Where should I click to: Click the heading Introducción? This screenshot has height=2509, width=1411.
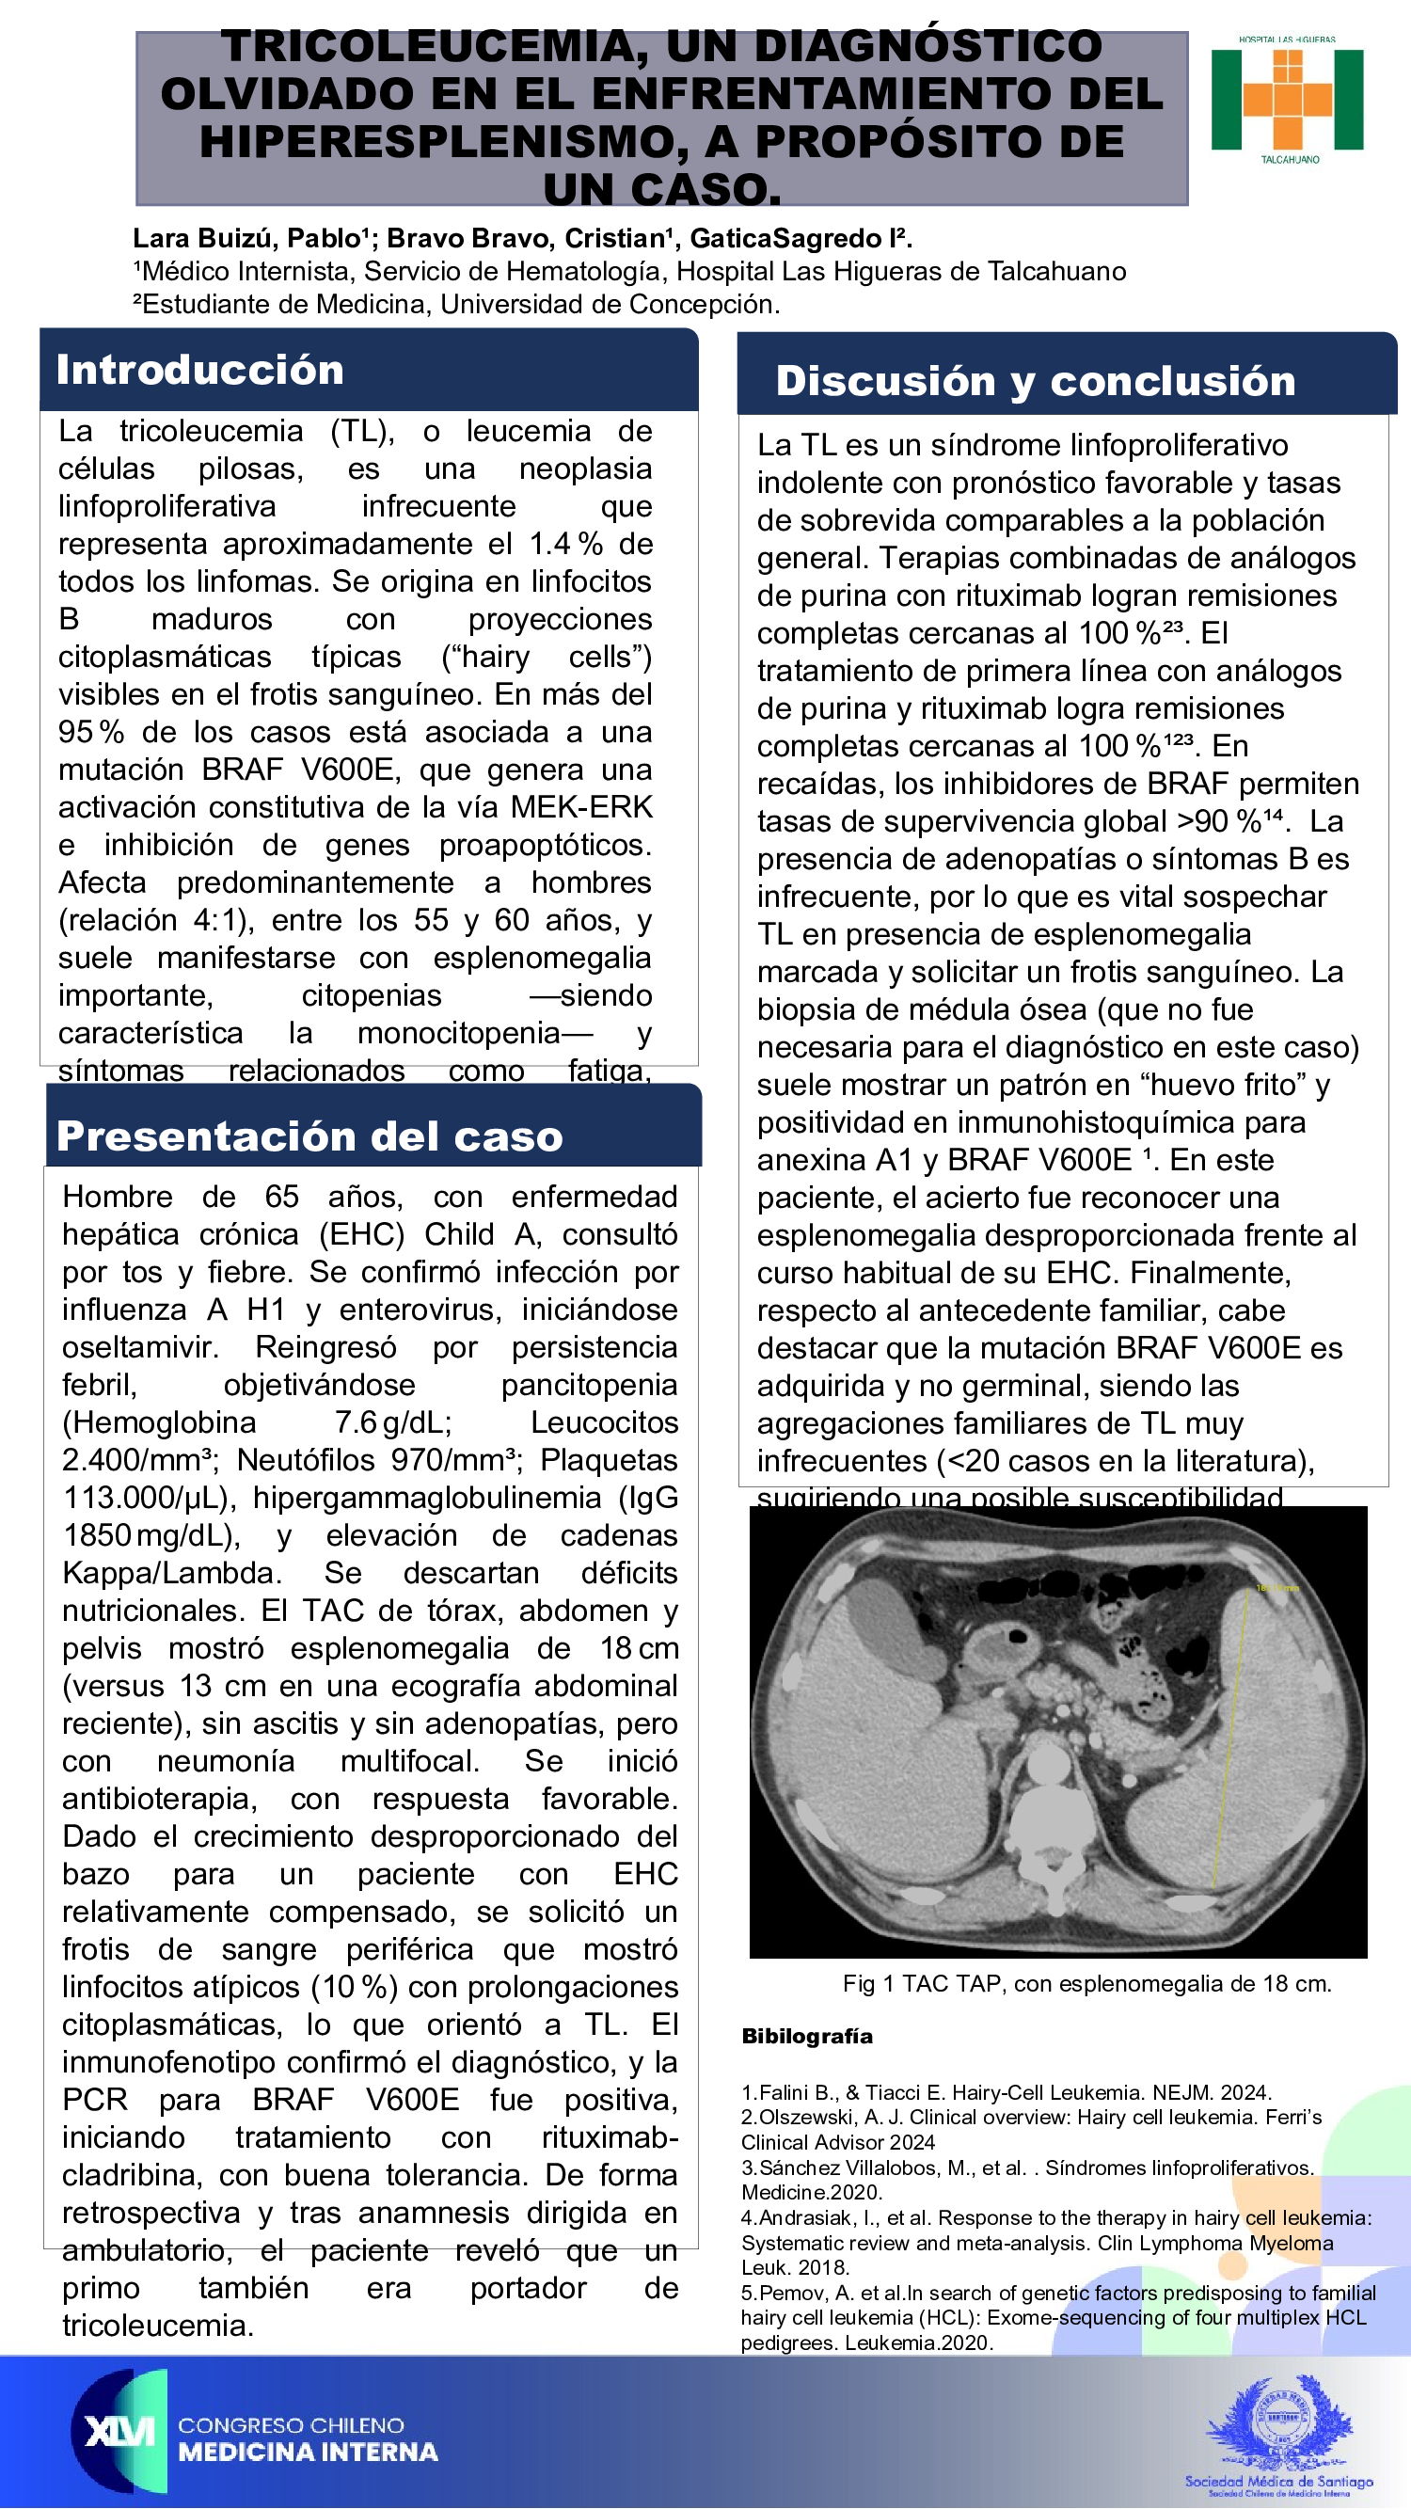199,370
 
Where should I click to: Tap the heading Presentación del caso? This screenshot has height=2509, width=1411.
309,1136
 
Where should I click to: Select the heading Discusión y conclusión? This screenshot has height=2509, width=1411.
1035,381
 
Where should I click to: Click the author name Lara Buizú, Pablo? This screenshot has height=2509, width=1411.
246,239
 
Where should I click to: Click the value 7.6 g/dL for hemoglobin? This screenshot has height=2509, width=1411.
393,1423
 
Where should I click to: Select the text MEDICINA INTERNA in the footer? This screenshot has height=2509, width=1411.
308,2452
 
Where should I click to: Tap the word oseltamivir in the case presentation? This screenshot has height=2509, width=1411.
140,1348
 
